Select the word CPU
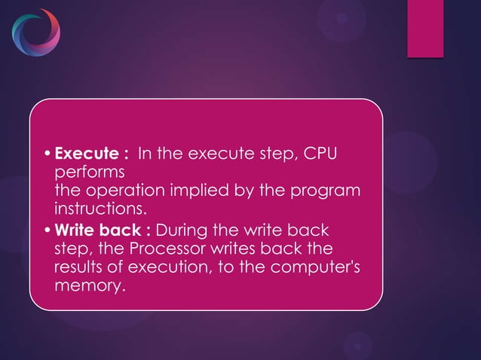pos(320,154)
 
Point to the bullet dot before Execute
pos(48,155)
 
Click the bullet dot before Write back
pos(48,229)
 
